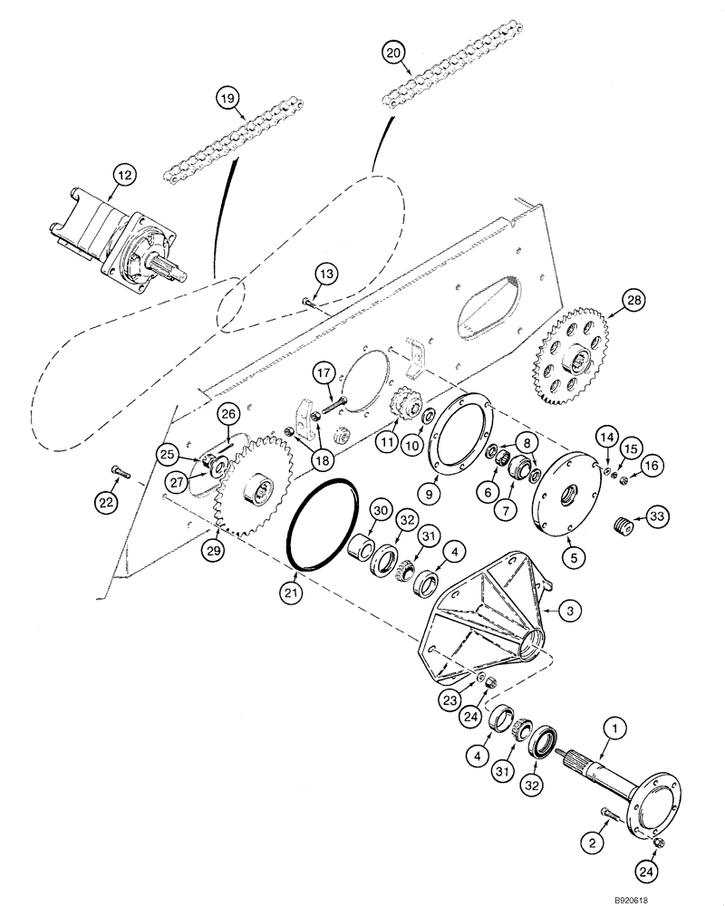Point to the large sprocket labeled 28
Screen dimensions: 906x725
(575, 348)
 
